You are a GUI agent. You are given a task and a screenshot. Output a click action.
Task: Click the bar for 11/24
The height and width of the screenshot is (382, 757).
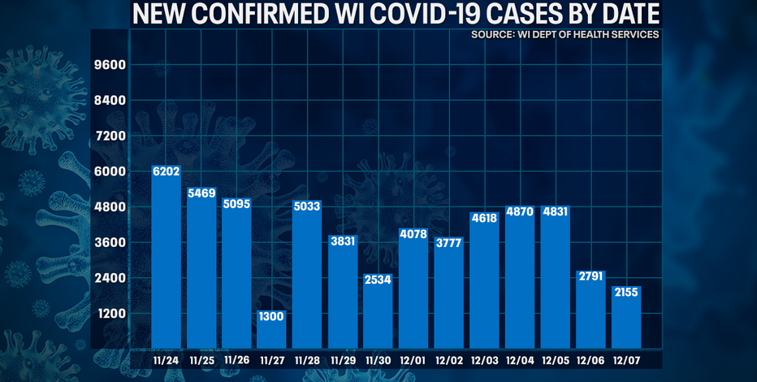[x=167, y=260]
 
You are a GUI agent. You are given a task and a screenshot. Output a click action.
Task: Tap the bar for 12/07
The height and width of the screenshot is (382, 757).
[x=626, y=321]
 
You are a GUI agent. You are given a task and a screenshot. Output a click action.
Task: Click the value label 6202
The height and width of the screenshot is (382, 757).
[x=167, y=171]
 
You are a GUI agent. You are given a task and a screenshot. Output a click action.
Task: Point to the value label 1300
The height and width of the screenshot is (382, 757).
[x=272, y=315]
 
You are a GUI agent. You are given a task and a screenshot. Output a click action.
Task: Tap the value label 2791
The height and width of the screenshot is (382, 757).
[x=590, y=277]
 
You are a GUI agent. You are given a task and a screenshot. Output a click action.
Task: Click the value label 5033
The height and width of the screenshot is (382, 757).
[x=308, y=206]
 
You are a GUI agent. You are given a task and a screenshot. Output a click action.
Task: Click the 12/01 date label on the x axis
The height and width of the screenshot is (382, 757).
[x=413, y=358]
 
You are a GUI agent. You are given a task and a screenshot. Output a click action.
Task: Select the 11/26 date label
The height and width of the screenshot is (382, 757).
[x=236, y=358]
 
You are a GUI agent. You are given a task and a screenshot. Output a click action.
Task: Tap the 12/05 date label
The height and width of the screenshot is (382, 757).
[x=556, y=358]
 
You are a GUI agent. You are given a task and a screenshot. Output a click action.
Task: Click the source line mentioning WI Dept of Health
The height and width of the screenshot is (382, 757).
[x=564, y=35]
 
